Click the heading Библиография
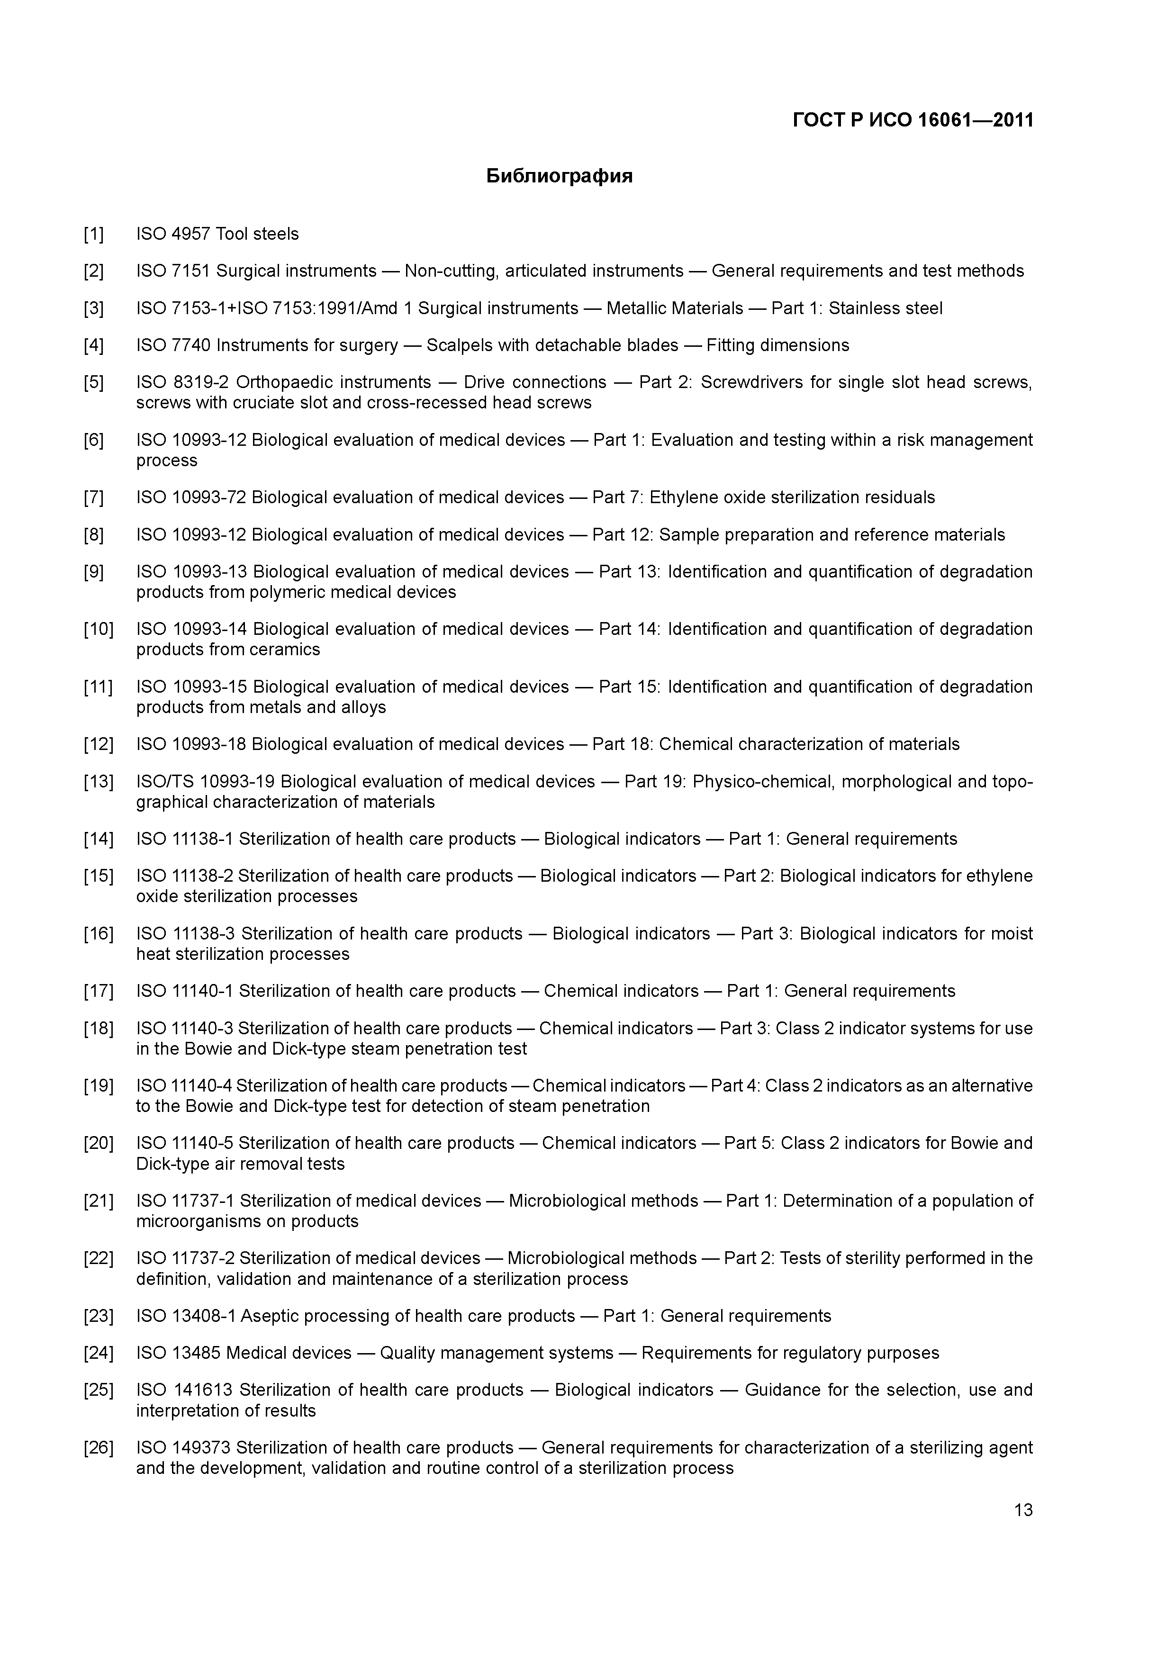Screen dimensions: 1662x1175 (x=559, y=176)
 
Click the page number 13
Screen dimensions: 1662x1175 (x=1023, y=1510)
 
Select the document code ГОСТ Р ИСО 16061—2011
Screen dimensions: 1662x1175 (x=913, y=119)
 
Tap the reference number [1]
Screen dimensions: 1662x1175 (x=93, y=234)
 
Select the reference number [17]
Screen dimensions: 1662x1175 (x=99, y=991)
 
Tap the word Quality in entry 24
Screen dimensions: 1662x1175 (x=407, y=1353)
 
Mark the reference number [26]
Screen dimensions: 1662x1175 (x=99, y=1448)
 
